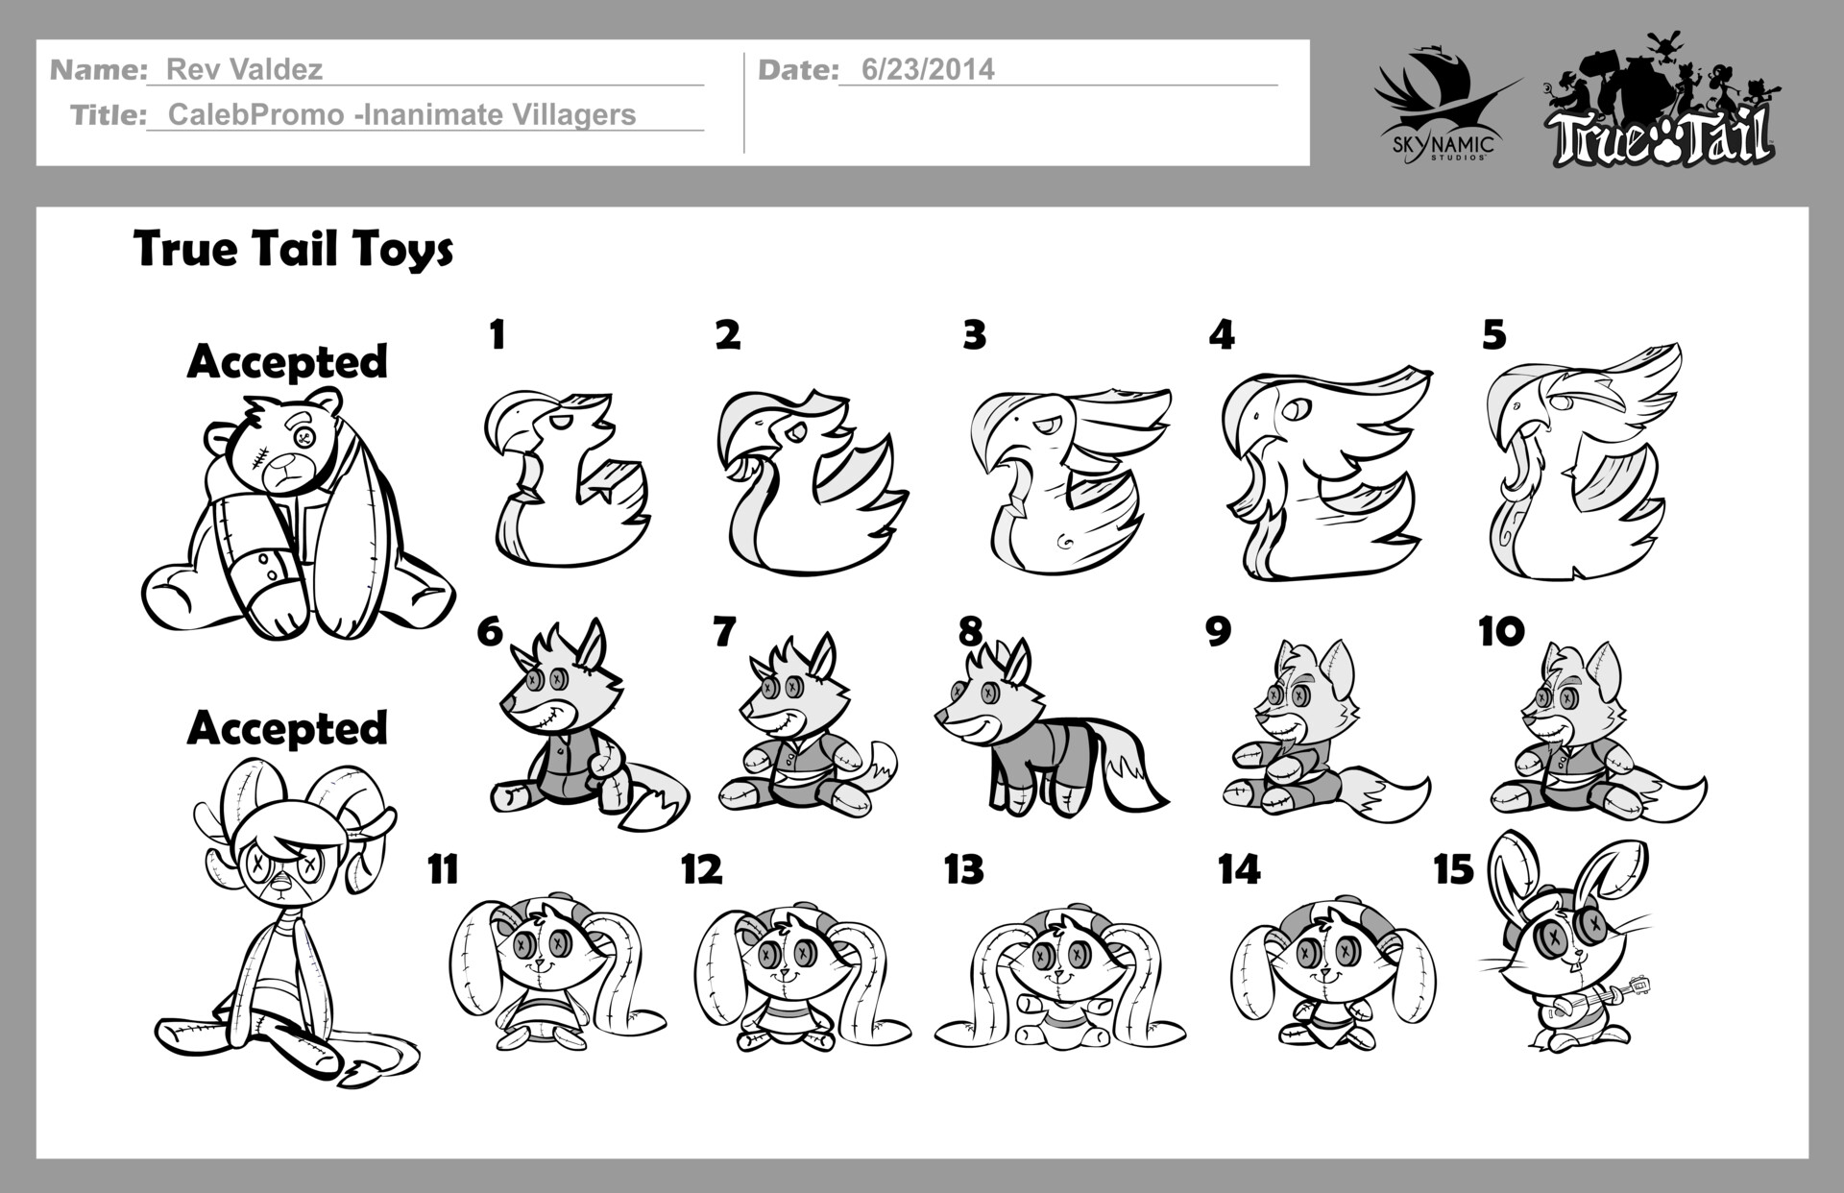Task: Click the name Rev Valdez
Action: [x=244, y=69]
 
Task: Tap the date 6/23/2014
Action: [x=927, y=69]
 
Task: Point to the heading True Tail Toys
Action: [x=293, y=250]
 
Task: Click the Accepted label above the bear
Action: [x=287, y=362]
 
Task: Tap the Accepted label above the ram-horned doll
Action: [x=287, y=728]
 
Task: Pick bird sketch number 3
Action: [x=1066, y=480]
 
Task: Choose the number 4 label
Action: [x=1221, y=335]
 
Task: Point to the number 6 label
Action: [x=489, y=632]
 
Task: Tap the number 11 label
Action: [x=442, y=869]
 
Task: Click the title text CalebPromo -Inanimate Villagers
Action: [x=401, y=115]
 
